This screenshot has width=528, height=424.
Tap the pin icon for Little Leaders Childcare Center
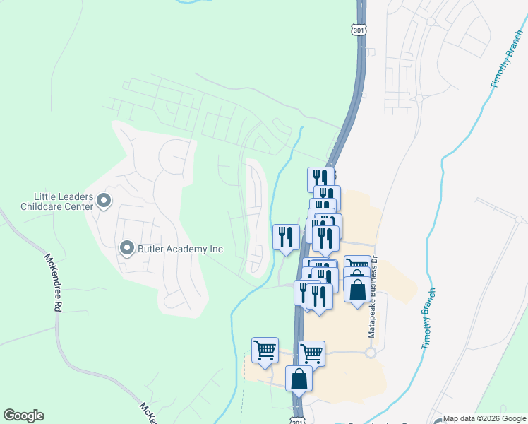(x=104, y=201)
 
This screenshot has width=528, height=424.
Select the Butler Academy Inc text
(x=180, y=249)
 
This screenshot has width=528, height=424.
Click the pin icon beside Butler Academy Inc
(x=127, y=248)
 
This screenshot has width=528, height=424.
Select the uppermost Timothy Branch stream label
(x=505, y=63)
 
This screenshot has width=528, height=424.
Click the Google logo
(x=23, y=416)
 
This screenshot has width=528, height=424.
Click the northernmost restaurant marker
(x=320, y=178)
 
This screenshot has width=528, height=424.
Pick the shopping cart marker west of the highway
(x=264, y=350)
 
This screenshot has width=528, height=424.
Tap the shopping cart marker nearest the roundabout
(x=311, y=353)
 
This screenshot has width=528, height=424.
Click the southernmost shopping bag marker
(x=299, y=378)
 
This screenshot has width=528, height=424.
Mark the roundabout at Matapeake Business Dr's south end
(x=369, y=352)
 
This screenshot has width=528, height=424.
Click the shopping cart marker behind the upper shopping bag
(x=358, y=265)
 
